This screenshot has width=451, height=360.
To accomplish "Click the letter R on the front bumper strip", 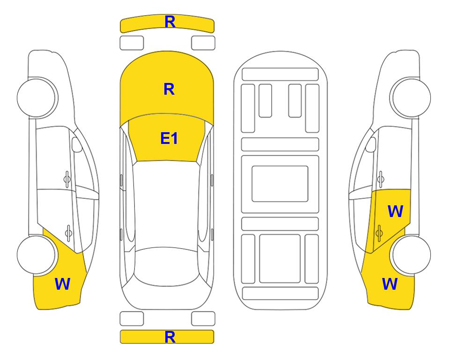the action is coord(170,22).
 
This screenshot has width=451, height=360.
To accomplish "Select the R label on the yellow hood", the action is coord(169,89).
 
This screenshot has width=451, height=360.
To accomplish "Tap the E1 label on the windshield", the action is coord(169,138).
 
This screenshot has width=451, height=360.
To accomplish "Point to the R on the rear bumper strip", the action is coord(170,337).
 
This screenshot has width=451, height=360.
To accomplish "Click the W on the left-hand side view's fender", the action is coord(62,284).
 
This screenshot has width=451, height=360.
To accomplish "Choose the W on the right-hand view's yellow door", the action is coord(395,211).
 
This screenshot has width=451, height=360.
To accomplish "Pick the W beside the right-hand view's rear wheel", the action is coord(390,284).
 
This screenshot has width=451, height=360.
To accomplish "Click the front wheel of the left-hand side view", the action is coord(37,97).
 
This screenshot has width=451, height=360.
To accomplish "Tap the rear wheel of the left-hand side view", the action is coord(37,255).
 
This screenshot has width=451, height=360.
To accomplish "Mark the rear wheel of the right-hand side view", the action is coord(411,255).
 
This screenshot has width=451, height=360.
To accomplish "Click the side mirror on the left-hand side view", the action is coord(76,144).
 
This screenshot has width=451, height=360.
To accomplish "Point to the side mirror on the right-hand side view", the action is coord(371,144).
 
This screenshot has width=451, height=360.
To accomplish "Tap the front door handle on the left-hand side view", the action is coord(67,179).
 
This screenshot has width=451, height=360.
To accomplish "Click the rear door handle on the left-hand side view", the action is coord(68,232).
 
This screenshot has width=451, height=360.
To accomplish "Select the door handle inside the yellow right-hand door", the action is coord(379,232).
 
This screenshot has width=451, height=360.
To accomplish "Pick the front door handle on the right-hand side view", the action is coord(380,179).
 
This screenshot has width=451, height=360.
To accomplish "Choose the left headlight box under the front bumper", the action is coord(132,43).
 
